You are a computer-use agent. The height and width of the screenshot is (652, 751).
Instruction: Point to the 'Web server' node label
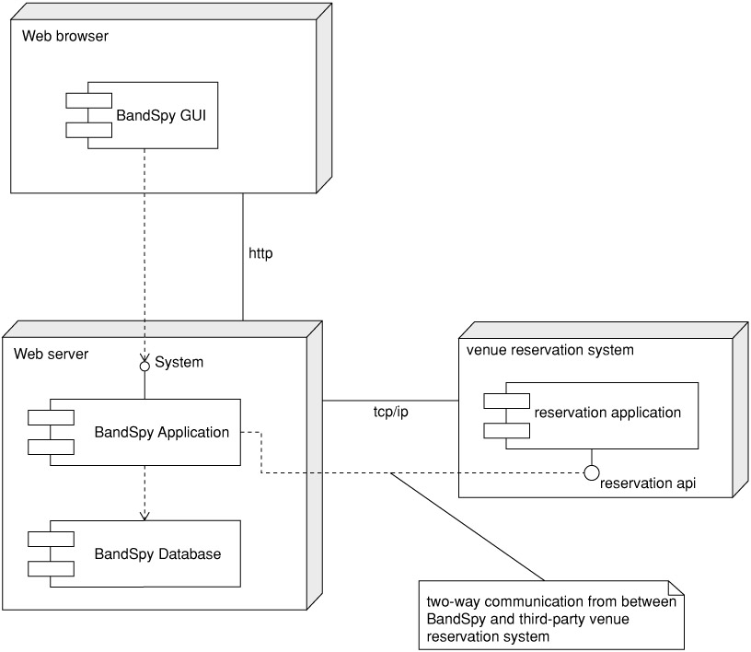(52, 354)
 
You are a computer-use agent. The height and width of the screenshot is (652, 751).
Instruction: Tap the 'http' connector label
(261, 252)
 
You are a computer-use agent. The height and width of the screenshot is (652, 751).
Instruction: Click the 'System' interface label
(179, 363)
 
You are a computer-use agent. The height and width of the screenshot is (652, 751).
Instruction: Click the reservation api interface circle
(592, 472)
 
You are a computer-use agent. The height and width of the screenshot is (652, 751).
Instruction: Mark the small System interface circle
(144, 367)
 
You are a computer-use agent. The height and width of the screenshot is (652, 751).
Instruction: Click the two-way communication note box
(552, 615)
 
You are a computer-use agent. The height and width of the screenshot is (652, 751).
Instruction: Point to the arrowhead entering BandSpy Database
(144, 515)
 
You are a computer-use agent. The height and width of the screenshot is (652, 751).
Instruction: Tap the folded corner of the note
(677, 588)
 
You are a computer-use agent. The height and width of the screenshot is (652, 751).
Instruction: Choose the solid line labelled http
(243, 276)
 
